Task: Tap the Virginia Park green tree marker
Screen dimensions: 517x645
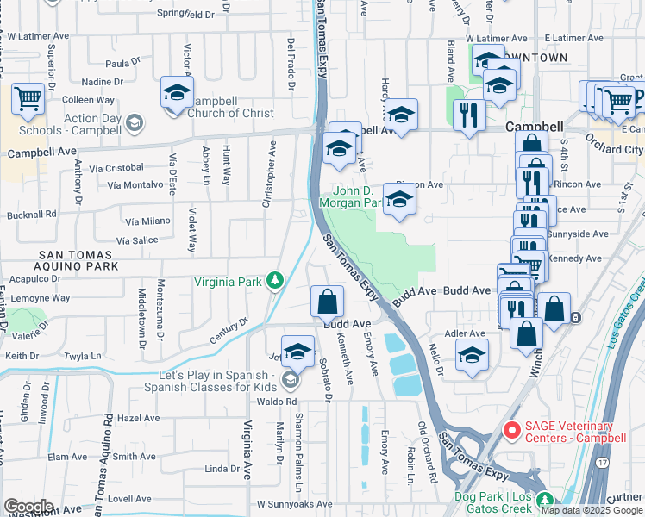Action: coord(275,280)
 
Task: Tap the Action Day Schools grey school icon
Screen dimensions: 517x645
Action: coord(134,124)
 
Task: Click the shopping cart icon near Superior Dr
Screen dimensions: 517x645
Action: coord(28,98)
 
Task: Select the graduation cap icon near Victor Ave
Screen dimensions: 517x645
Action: coord(177,93)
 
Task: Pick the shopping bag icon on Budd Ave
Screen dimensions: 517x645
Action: coord(328,302)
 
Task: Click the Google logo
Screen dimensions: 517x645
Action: coord(28,507)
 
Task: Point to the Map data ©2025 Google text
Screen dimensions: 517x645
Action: coord(592,510)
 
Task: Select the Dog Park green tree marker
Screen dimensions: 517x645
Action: coord(543,500)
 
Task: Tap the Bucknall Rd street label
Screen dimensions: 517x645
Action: coord(28,213)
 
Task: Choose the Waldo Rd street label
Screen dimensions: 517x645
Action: coord(276,402)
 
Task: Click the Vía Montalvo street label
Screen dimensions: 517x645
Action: coord(135,184)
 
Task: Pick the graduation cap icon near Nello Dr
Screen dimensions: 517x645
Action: coord(472,354)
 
